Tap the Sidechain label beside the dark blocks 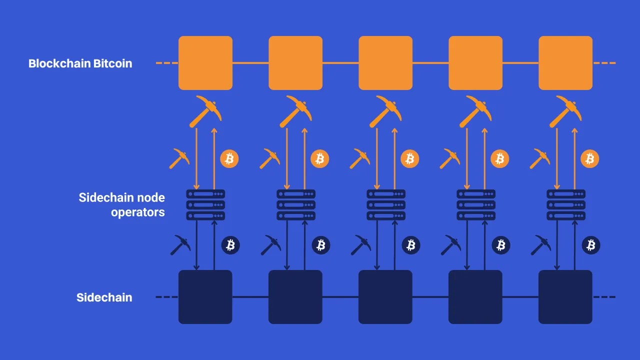tap(104, 297)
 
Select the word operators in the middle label tap(137, 212)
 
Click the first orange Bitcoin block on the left tap(205, 63)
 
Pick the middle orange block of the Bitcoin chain tap(385, 63)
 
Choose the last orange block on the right tap(565, 63)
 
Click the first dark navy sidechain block tap(205, 297)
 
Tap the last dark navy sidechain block tap(565, 297)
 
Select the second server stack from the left tap(296, 204)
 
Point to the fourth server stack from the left tap(476, 204)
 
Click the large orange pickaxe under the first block tap(205, 111)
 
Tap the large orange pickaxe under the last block tap(565, 111)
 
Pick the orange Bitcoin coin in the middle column tap(410, 159)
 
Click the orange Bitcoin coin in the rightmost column tap(590, 159)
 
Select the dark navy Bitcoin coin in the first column tap(230, 245)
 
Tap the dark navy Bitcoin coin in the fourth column tap(500, 245)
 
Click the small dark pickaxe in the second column tap(270, 245)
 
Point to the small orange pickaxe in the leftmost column tap(179, 158)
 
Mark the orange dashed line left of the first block tap(166, 63)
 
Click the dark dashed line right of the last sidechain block tap(604, 297)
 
